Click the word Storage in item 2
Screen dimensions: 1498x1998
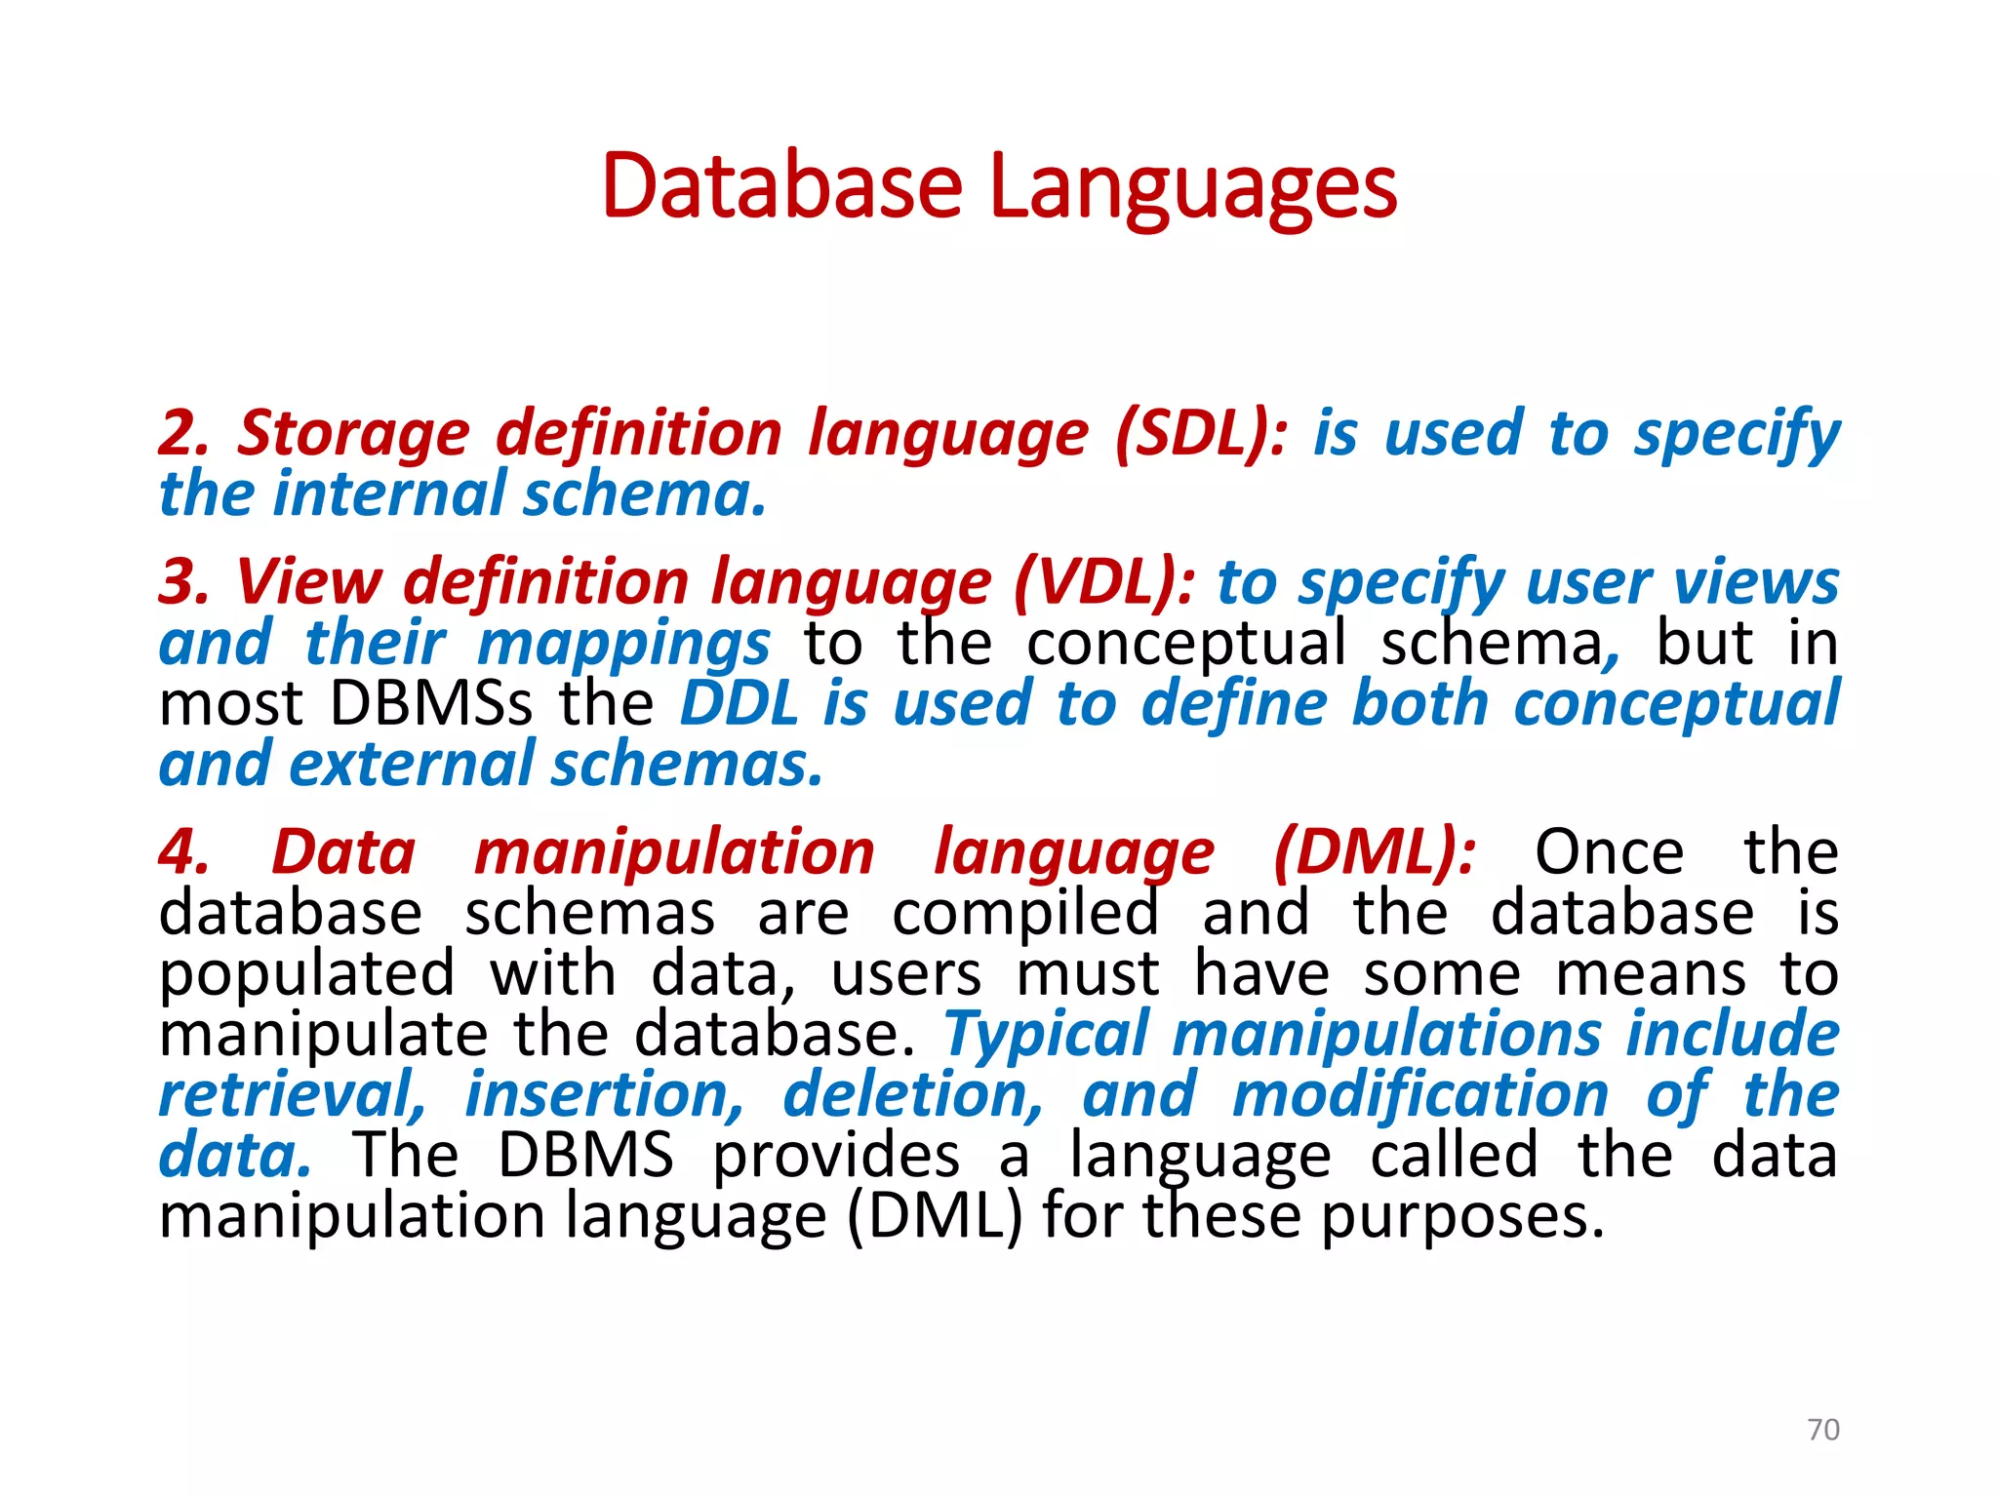point(353,435)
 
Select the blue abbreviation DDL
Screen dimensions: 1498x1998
point(739,703)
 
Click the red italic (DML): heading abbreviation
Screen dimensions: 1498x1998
point(1375,852)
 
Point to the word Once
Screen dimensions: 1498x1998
point(1609,852)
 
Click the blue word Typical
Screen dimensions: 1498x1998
point(1046,1034)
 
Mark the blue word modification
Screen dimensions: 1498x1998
point(1419,1095)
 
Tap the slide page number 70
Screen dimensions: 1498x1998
point(1822,1430)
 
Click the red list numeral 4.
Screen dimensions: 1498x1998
point(183,852)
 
